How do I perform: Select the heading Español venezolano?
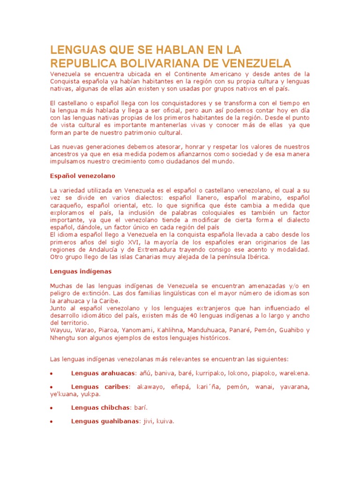coord(82,176)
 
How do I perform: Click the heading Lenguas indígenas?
coord(81,271)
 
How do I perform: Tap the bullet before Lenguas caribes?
coord(51,387)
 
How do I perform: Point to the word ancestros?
coord(65,154)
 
